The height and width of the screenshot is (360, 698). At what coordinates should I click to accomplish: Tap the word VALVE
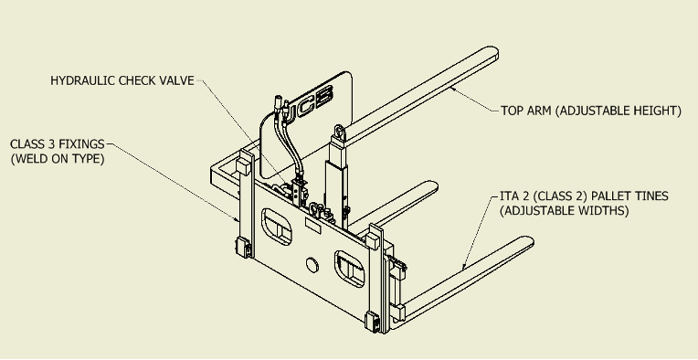(x=178, y=80)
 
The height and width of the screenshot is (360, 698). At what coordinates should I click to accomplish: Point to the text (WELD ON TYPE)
(x=58, y=159)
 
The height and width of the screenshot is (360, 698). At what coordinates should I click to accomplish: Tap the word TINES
(x=653, y=196)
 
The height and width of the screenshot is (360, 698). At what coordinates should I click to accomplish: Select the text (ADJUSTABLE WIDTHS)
(x=564, y=210)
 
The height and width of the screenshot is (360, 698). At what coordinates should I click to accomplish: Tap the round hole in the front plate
(x=312, y=266)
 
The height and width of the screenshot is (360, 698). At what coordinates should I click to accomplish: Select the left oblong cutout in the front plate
(x=277, y=227)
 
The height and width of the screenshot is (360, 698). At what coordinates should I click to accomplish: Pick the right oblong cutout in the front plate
(x=349, y=269)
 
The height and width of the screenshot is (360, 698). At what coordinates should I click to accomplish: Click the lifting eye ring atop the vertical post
(x=339, y=132)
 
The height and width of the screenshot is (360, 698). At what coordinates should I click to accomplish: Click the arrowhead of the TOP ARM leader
(x=452, y=89)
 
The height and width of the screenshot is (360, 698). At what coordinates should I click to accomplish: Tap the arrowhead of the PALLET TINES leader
(x=464, y=267)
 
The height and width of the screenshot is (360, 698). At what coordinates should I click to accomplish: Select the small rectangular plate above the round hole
(x=313, y=225)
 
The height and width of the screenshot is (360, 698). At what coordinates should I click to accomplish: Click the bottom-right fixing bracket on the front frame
(x=372, y=322)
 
